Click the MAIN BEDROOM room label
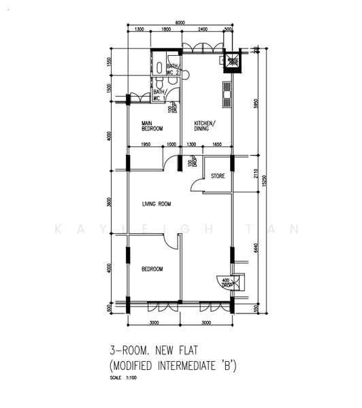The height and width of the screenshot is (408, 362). (152, 125)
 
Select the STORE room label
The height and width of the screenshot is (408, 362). (218, 175)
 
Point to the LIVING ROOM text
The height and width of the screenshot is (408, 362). (156, 204)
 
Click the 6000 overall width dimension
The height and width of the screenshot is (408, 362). (180, 22)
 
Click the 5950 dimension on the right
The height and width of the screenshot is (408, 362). (255, 104)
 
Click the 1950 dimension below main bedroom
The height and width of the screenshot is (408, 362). (146, 145)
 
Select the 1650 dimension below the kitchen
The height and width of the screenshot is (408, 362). (216, 145)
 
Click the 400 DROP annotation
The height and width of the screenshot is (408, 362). (225, 282)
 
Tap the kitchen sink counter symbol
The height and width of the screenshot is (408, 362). (226, 96)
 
